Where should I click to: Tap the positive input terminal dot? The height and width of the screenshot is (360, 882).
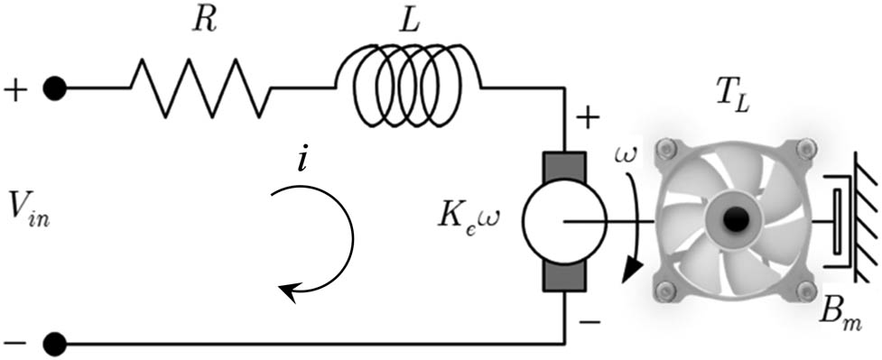click(56, 88)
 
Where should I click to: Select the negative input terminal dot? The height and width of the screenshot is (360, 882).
click(56, 344)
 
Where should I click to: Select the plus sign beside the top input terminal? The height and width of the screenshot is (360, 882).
click(15, 89)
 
